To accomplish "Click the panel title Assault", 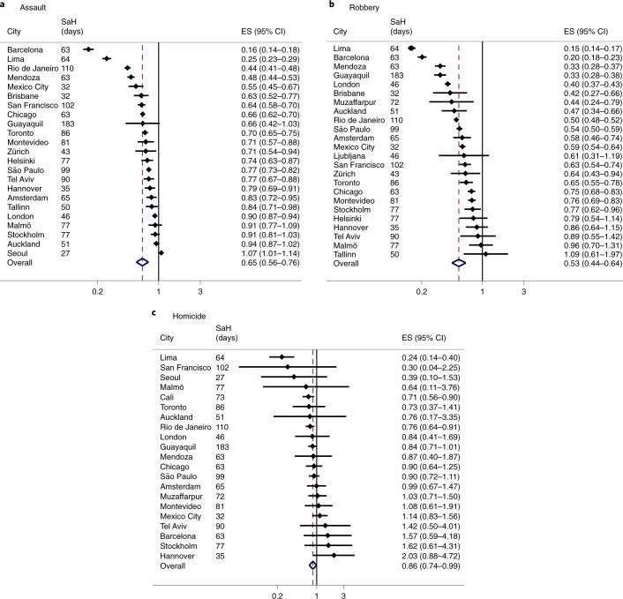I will (29, 5).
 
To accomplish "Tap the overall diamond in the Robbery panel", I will (458, 263).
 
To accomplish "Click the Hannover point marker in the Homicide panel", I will (334, 556).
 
